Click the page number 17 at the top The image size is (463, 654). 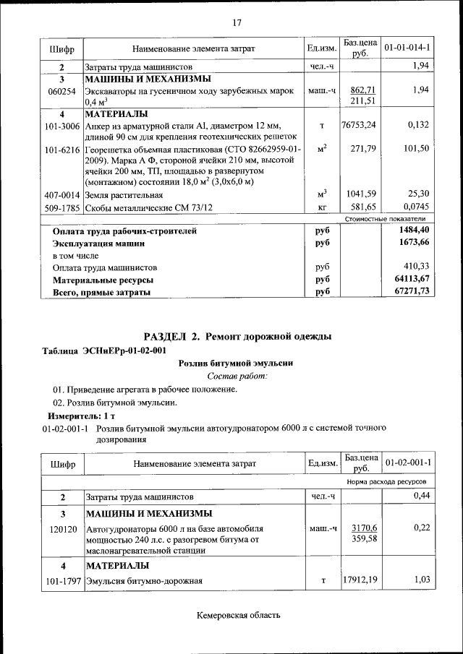pos(236,22)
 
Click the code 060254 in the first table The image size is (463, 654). pos(61,91)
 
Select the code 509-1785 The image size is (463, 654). pos(61,207)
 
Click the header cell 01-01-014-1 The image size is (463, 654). pos(407,48)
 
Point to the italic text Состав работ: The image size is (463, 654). pos(237,377)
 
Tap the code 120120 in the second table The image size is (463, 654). pos(61,529)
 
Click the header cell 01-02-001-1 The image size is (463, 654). pos(407,462)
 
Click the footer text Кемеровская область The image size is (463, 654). pos(238,616)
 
